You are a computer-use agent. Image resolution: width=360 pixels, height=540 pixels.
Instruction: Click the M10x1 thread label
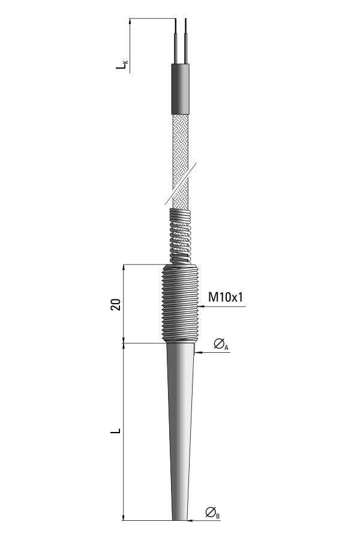[x=226, y=297]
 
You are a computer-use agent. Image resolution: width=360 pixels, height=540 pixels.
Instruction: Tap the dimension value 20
[x=116, y=304]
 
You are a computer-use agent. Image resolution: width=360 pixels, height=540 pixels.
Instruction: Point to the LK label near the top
[x=122, y=64]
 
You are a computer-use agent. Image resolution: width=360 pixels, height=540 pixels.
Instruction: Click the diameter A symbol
[x=221, y=344]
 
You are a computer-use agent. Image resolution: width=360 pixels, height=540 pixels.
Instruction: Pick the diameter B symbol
[x=212, y=513]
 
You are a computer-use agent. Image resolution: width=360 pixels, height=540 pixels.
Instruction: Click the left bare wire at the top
[x=176, y=41]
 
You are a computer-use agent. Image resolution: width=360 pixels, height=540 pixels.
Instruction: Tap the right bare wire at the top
[x=185, y=41]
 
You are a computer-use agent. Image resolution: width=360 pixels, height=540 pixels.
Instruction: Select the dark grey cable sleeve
[x=181, y=89]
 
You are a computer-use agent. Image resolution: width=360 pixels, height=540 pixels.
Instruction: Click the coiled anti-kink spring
[x=180, y=236]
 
